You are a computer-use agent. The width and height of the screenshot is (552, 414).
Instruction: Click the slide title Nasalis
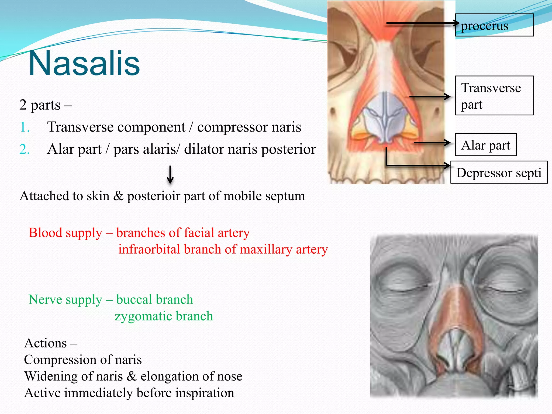[84, 63]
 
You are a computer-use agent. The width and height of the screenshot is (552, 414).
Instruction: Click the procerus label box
[494, 25]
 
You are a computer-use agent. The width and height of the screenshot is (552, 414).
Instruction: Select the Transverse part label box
[494, 96]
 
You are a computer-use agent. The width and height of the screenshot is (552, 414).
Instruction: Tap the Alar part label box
[486, 145]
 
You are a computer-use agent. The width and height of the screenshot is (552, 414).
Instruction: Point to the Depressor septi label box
[499, 172]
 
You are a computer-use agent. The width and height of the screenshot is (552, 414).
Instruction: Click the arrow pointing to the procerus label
[422, 23]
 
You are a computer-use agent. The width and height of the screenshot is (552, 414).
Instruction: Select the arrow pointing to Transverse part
[430, 96]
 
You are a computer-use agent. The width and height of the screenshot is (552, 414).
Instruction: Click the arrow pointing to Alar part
[432, 142]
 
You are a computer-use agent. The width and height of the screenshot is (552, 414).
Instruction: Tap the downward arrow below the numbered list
[170, 175]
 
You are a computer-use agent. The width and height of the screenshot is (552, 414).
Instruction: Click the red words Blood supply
[65, 233]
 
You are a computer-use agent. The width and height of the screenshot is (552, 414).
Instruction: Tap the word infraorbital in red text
[149, 249]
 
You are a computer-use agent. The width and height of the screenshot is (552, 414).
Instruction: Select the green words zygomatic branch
[164, 316]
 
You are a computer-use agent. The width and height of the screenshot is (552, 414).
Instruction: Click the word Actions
[45, 343]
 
